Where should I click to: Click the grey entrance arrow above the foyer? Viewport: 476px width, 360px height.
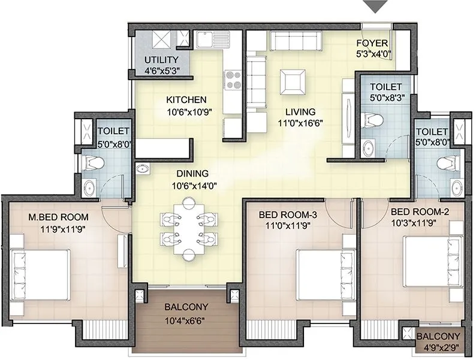coord(376,7)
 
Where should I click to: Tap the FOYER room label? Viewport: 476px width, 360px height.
coord(372,44)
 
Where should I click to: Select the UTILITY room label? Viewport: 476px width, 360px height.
coord(161,60)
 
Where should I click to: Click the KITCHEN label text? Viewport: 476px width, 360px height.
coord(186,99)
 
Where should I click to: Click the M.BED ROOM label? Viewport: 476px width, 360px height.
coord(59,216)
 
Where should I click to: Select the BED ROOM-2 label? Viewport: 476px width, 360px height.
coord(420,212)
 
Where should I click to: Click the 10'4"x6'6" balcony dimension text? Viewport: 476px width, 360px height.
coord(186,319)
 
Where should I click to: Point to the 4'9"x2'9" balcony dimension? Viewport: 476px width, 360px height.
coord(439,348)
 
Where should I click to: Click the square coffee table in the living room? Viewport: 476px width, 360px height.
coord(294,80)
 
